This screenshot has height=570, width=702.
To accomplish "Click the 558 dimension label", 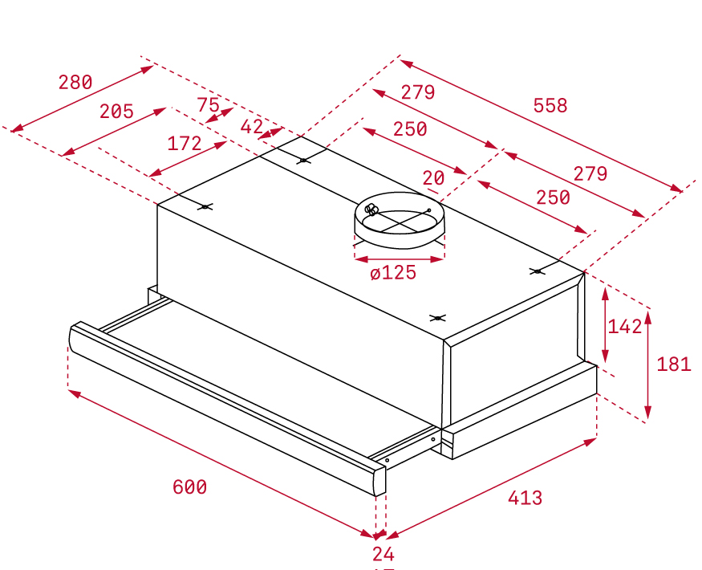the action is coord(550,106).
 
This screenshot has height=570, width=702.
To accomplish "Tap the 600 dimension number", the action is coord(190,487).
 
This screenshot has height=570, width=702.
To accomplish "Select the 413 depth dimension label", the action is coord(525,498).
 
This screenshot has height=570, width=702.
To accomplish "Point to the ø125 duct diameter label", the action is coord(393,272).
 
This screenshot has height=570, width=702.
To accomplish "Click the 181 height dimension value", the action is coord(674,364).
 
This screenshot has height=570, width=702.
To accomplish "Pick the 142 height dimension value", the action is coord(624,327).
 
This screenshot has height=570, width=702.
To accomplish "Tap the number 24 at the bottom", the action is coord(383,554).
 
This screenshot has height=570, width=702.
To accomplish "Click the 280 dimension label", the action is coord(75,83).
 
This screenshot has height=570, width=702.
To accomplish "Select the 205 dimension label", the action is coord(116,112).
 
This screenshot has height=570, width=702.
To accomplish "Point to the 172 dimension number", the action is coord(184,144).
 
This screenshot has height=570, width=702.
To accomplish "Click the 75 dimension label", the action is coord(208,105).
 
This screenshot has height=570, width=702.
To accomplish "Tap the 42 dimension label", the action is coord(252,127).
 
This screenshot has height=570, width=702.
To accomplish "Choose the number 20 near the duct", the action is coord(433,178).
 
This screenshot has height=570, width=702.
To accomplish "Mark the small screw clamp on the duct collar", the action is coord(371,209).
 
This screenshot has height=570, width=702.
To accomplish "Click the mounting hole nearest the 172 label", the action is coord(205,206).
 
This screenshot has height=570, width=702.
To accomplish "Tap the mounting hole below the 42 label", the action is coord(303,160).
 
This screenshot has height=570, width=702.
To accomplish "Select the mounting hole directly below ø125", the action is coord(437,318).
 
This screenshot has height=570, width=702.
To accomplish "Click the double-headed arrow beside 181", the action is coord(647,364).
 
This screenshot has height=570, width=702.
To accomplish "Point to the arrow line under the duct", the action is coord(400,259).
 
